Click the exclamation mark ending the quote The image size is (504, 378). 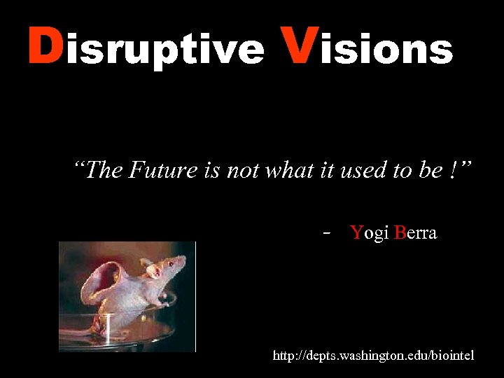pos(448,170)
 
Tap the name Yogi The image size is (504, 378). pos(370,234)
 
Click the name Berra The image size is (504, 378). pos(415,233)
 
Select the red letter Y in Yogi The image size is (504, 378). pos(356,233)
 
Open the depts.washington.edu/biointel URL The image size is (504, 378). pos(373,356)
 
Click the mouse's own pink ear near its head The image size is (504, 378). pos(148,264)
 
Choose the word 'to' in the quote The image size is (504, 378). pos(401,170)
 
